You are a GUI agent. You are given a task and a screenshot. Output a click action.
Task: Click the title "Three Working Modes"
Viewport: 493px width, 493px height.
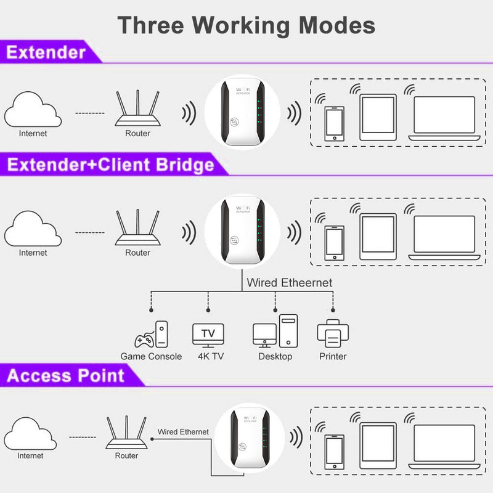point(246,25)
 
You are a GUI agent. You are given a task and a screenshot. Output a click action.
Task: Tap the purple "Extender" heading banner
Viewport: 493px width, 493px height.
point(46,52)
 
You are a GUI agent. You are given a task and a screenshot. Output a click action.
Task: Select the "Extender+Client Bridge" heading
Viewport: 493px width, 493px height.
point(111,165)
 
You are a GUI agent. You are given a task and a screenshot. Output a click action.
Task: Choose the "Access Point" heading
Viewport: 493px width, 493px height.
point(66,376)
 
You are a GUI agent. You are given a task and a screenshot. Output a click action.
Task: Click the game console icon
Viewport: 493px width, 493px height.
point(151,335)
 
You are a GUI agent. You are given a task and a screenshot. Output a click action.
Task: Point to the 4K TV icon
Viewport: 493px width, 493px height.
point(208,335)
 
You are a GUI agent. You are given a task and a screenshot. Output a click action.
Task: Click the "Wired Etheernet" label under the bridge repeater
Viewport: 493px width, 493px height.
point(289,283)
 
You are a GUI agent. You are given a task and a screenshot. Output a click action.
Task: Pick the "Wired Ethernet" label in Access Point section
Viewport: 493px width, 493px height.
point(183,432)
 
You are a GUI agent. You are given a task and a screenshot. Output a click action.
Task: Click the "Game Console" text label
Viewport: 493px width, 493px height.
point(151,357)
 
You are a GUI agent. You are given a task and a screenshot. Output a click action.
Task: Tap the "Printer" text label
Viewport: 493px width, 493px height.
point(333,357)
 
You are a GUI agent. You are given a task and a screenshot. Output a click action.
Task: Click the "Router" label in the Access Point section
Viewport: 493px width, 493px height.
point(127,456)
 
